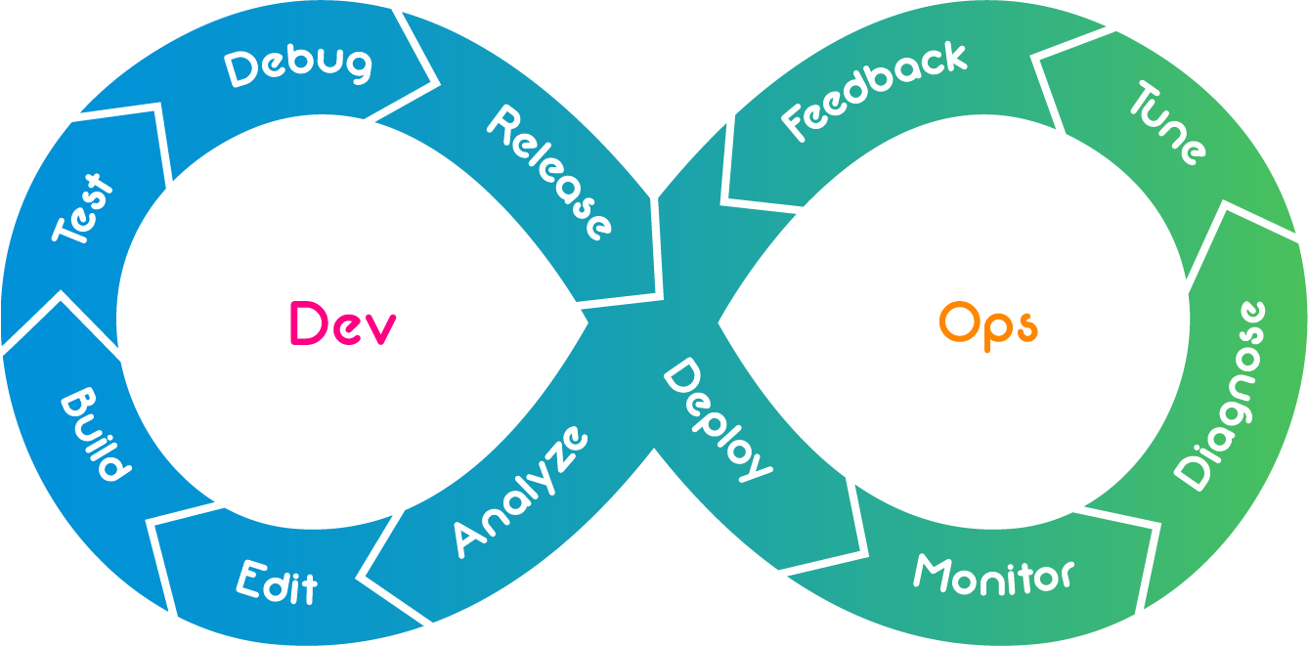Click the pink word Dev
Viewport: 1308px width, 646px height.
pos(342,323)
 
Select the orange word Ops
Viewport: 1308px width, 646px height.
pos(987,324)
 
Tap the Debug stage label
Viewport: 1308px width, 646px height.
pos(298,66)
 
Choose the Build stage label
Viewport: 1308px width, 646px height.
pos(95,436)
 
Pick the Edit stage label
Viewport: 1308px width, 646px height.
pos(278,582)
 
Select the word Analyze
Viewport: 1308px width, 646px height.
pos(521,491)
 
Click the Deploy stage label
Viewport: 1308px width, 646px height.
pos(717,419)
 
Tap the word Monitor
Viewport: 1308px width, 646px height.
pos(993,574)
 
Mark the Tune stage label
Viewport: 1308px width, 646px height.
pos(1168,123)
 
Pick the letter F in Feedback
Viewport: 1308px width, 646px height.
pos(796,123)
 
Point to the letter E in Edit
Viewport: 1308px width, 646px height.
pos(251,578)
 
